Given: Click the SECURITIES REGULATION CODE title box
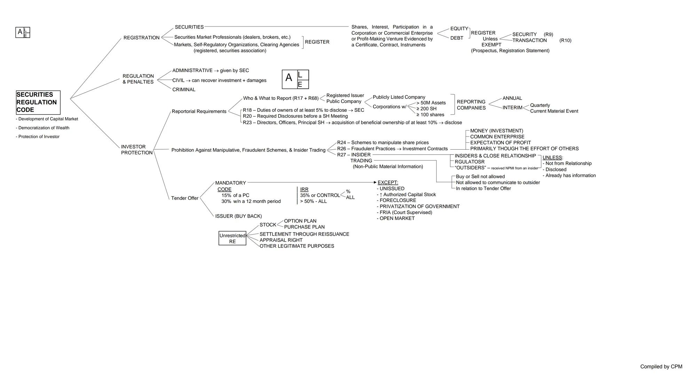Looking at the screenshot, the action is pos(38,102).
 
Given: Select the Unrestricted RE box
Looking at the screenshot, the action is pos(232,238).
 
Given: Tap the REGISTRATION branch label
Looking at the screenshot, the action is pos(141,38).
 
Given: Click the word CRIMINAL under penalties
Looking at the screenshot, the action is pos(184,89).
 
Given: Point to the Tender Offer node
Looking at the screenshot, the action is pos(185,198).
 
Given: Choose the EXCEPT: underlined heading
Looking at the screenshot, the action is pos(388,182).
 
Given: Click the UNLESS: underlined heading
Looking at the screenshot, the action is pos(553,157).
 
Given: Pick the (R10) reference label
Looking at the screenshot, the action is pos(565,40).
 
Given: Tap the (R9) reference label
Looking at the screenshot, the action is pos(548,34).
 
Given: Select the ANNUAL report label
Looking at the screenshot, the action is pos(512,98).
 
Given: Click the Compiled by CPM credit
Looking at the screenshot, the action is pos(661,367).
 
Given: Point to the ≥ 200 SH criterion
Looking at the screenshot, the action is pos(426,109).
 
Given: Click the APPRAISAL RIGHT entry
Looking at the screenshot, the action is pos(281,240).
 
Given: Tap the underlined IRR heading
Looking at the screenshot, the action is pos(304,189).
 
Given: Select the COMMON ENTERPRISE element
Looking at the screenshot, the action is pos(497,137).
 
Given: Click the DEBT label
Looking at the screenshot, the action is pos(457,38).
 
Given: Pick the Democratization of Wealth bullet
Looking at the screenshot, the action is pos(42,128).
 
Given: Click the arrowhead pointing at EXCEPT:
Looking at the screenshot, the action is pos(375,182).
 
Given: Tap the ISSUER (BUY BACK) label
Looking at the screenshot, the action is pos(238,216).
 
